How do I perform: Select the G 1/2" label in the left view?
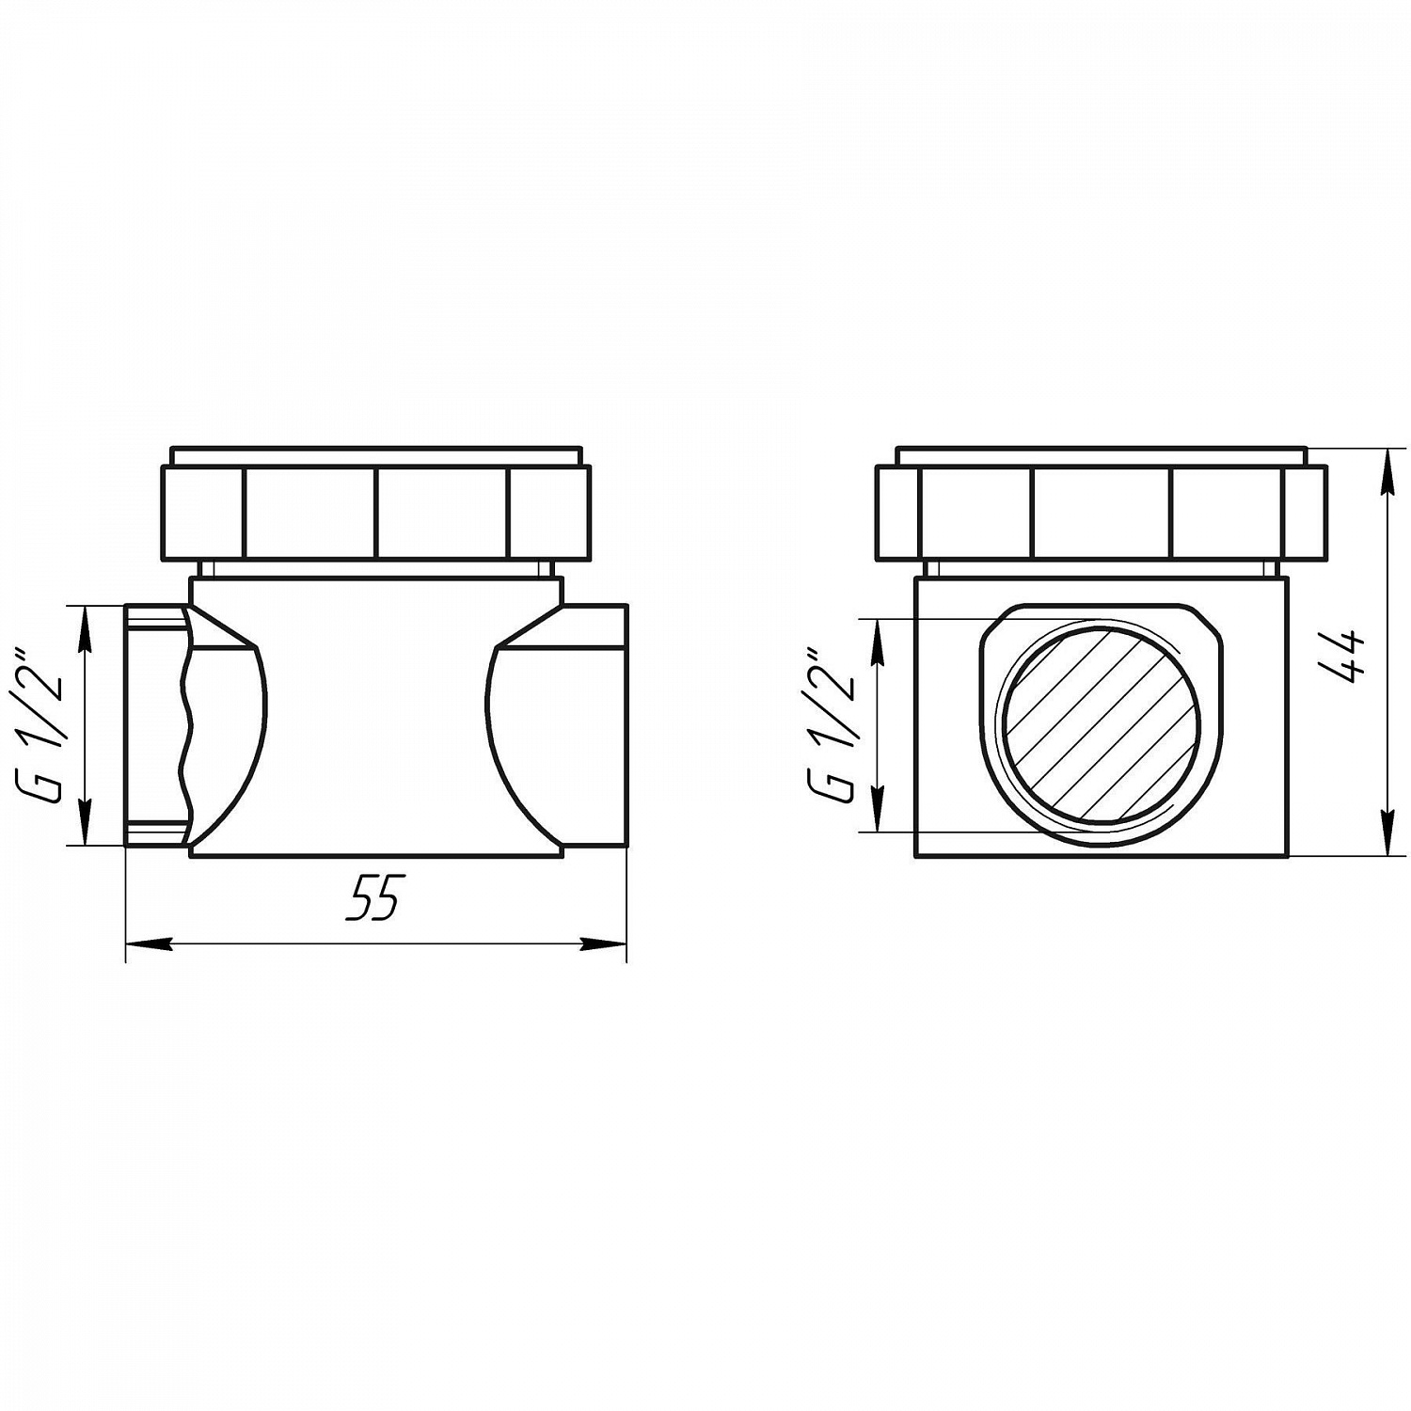(x=42, y=725)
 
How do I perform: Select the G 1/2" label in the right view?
(x=832, y=725)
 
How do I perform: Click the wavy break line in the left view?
(x=187, y=724)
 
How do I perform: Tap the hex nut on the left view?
(x=376, y=513)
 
